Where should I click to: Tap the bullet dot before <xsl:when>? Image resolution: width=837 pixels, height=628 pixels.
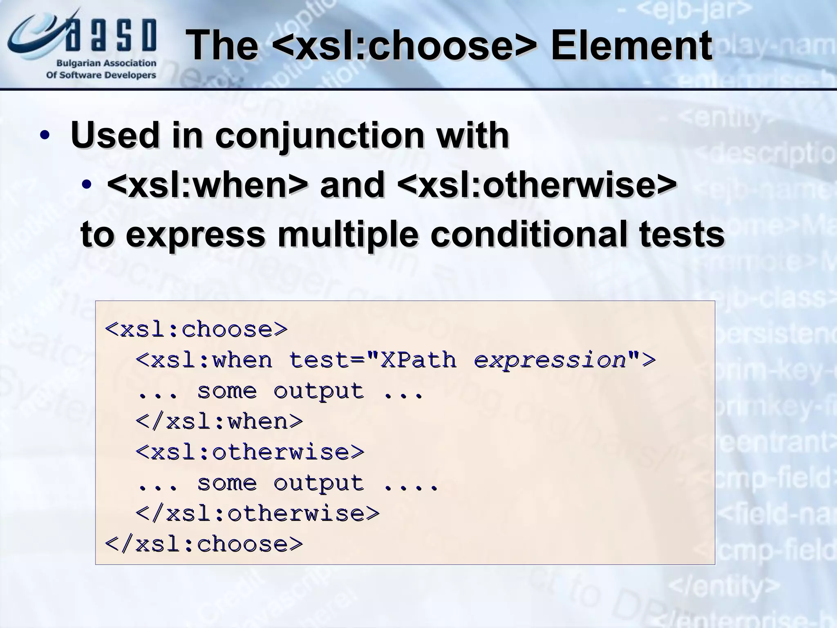click(87, 185)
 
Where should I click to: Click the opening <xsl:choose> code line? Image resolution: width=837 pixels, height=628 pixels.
click(197, 330)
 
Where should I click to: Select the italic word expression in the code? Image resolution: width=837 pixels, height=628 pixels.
click(550, 360)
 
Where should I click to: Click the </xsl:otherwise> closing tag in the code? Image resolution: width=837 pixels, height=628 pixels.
click(258, 514)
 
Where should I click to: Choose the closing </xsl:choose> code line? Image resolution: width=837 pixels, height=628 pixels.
click(204, 544)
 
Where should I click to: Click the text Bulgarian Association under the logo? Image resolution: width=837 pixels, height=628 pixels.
click(106, 63)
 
